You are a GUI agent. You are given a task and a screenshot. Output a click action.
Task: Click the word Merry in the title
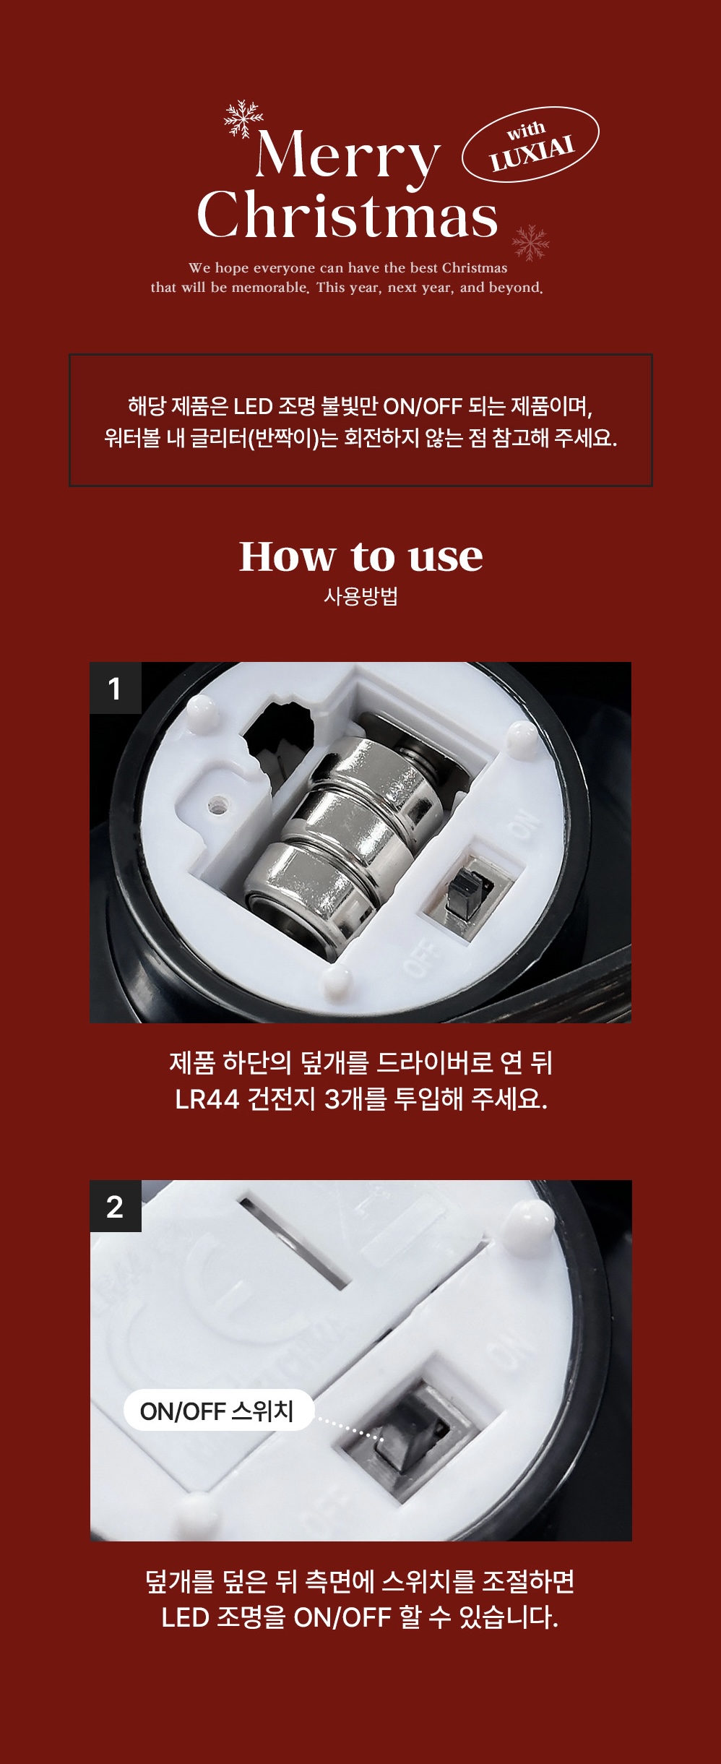[347, 155]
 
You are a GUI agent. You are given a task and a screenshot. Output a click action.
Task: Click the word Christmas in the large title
[347, 215]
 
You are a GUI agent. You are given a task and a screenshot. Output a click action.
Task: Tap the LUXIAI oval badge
[531, 145]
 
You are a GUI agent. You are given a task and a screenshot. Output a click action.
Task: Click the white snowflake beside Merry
[243, 119]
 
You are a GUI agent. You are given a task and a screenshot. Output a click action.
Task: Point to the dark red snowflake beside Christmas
[531, 242]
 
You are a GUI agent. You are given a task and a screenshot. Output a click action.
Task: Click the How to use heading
[361, 556]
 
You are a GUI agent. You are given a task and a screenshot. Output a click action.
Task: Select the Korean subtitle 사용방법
[360, 597]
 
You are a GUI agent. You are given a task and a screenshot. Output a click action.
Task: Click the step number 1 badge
[116, 688]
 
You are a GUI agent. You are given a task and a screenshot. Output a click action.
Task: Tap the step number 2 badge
[116, 1206]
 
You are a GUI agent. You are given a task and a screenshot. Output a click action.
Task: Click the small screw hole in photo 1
[216, 803]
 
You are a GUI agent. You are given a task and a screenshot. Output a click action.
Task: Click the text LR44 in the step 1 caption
[207, 1099]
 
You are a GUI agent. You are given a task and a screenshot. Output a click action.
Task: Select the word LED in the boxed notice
[252, 406]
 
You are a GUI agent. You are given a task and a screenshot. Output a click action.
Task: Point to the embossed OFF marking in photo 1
[420, 957]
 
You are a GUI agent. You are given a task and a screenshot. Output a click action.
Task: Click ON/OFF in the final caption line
[342, 1617]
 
